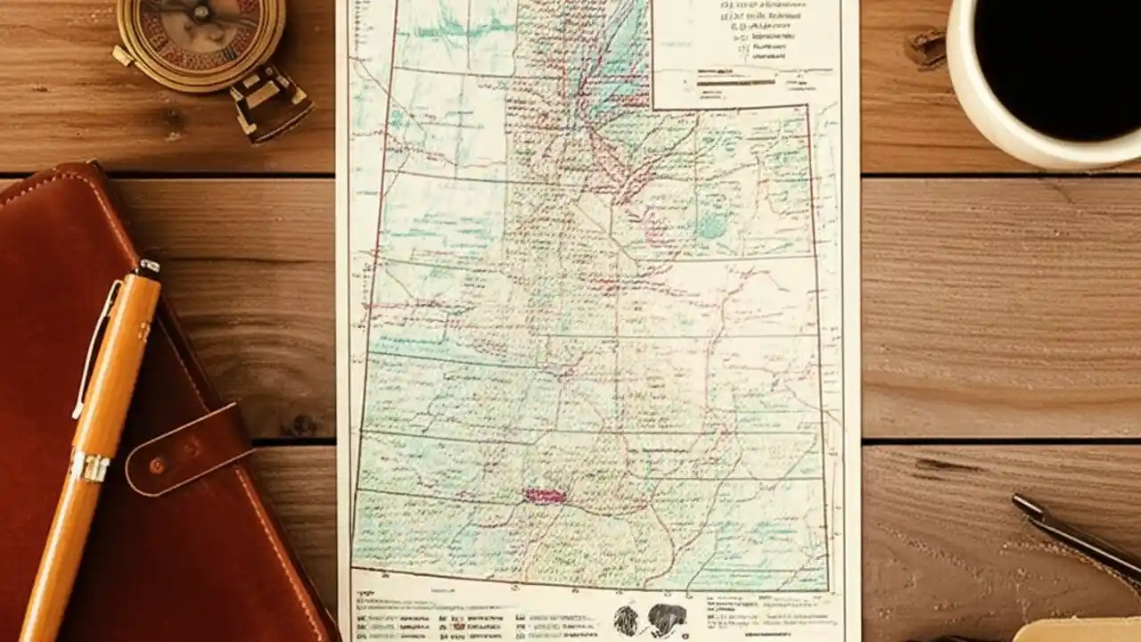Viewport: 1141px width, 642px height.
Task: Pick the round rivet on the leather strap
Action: click(x=158, y=465)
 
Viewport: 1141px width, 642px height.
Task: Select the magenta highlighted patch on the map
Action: click(x=544, y=496)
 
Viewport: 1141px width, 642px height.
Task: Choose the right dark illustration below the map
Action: click(x=666, y=617)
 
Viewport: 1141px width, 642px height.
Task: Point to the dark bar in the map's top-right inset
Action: click(x=736, y=83)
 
